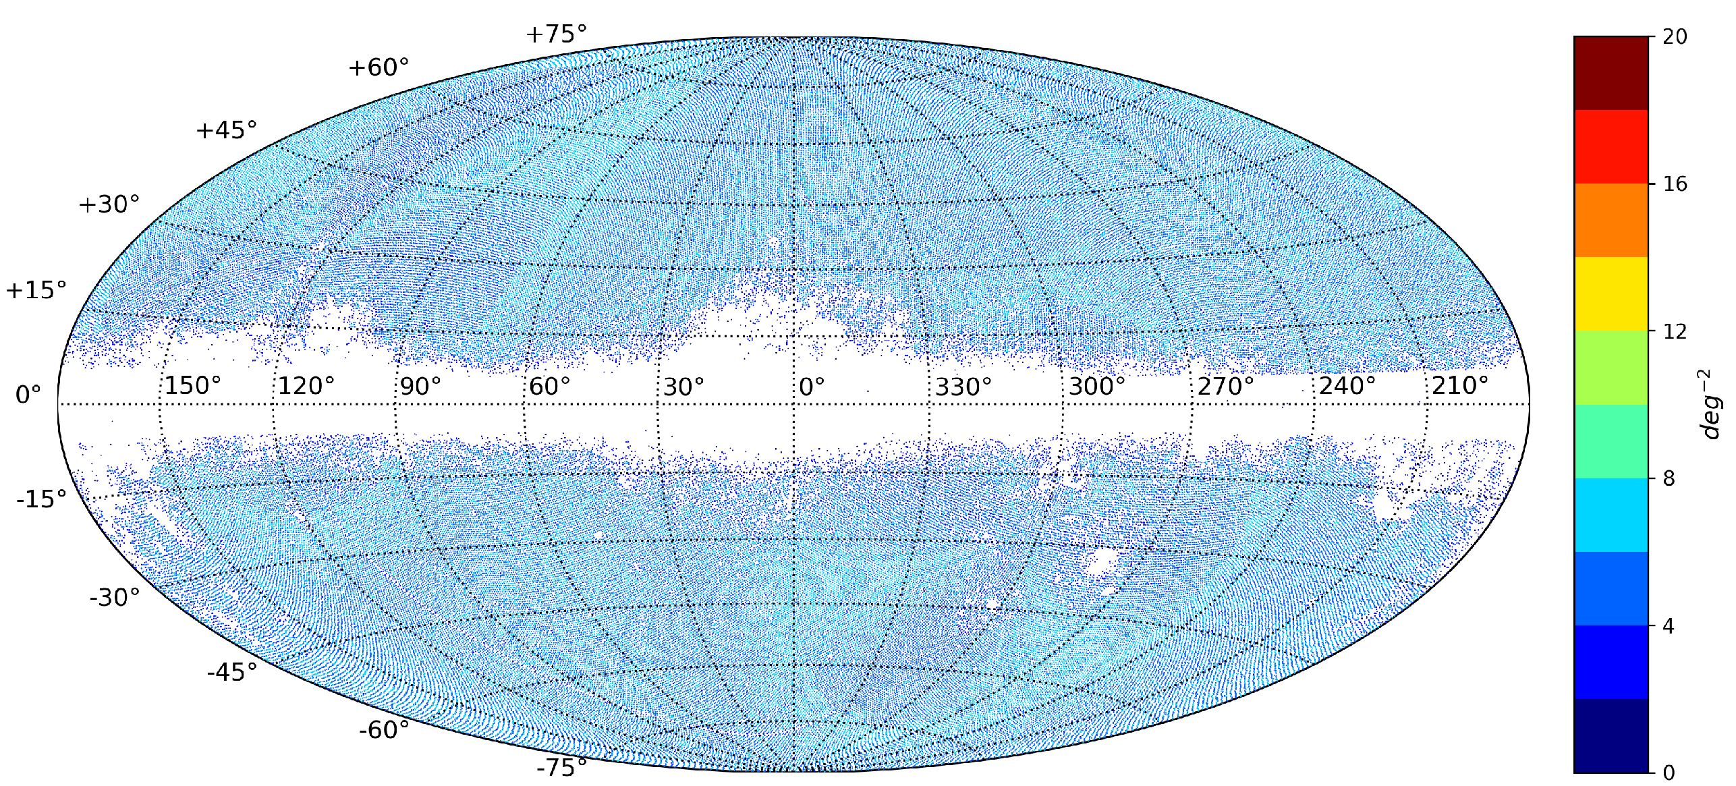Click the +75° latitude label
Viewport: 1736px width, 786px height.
click(x=556, y=34)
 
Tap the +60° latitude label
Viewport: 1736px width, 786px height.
click(x=379, y=67)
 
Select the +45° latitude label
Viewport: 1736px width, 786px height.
click(x=227, y=130)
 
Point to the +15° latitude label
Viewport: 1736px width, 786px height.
click(x=36, y=290)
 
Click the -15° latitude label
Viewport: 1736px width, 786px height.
click(x=42, y=499)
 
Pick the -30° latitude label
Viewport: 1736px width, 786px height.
click(x=115, y=597)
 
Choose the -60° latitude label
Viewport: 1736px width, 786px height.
click(x=384, y=730)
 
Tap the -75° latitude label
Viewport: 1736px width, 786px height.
click(x=562, y=768)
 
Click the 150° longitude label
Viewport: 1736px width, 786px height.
click(x=193, y=386)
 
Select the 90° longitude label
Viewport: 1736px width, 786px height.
click(x=420, y=386)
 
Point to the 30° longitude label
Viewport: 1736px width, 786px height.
click(x=683, y=387)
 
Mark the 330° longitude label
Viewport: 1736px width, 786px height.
click(x=963, y=387)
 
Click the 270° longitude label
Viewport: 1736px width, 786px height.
click(x=1226, y=387)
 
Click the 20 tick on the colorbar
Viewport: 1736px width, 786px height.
click(x=1675, y=37)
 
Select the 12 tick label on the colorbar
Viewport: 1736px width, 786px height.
click(x=1675, y=331)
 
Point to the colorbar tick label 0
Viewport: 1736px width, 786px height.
click(x=1669, y=773)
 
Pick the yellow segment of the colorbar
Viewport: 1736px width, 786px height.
click(x=1611, y=293)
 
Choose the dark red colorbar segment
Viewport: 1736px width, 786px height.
click(x=1611, y=74)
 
